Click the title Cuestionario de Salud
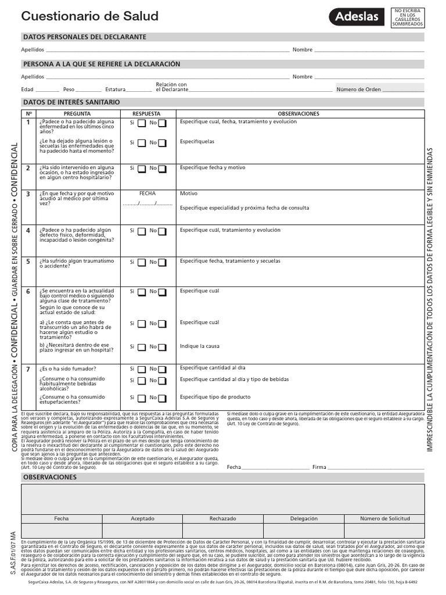tap(89, 17)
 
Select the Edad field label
tap(27, 89)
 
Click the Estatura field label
tap(115, 89)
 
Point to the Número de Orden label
tap(358, 89)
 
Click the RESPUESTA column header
tap(146, 113)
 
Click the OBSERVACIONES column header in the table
tap(299, 113)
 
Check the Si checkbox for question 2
tap(141, 169)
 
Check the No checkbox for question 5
tap(162, 263)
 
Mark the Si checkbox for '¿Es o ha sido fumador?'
tap(141, 370)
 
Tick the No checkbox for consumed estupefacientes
tap(162, 399)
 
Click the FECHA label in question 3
tap(148, 193)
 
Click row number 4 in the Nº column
tap(27, 231)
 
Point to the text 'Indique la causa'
tap(200, 346)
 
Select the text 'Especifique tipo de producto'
tap(215, 397)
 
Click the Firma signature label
tap(319, 467)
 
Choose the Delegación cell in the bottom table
tap(304, 518)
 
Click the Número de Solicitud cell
tap(384, 518)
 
